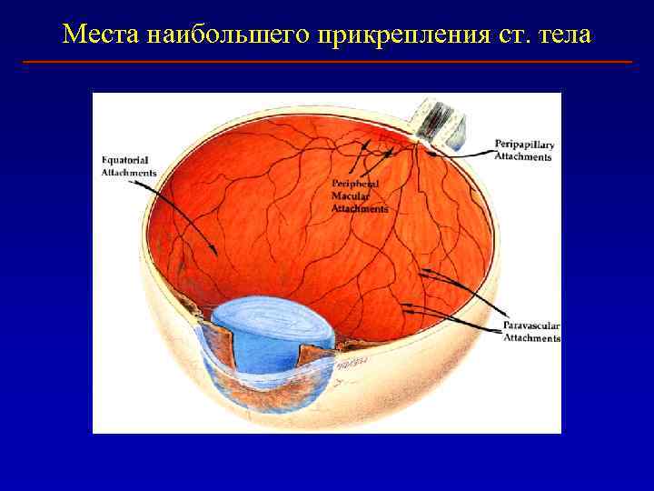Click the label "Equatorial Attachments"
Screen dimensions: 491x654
(x=129, y=167)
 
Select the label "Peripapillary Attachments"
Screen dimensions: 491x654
(x=524, y=150)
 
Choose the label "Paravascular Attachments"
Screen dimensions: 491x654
(x=532, y=332)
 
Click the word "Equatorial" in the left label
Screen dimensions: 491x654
(x=127, y=162)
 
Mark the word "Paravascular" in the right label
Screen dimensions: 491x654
(x=532, y=326)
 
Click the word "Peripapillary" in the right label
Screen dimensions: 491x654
(x=525, y=145)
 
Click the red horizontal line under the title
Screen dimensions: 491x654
(x=327, y=62)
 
